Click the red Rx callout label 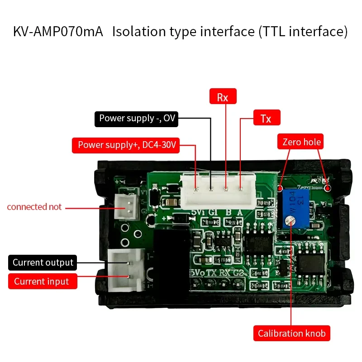(223, 97)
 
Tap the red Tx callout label (267, 118)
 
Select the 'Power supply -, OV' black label (137, 119)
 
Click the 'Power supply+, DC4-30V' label (126, 145)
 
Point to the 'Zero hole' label (301, 142)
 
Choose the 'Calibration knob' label (291, 333)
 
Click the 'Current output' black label (43, 262)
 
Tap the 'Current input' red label (42, 281)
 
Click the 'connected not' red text (34, 207)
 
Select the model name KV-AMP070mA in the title (58, 32)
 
